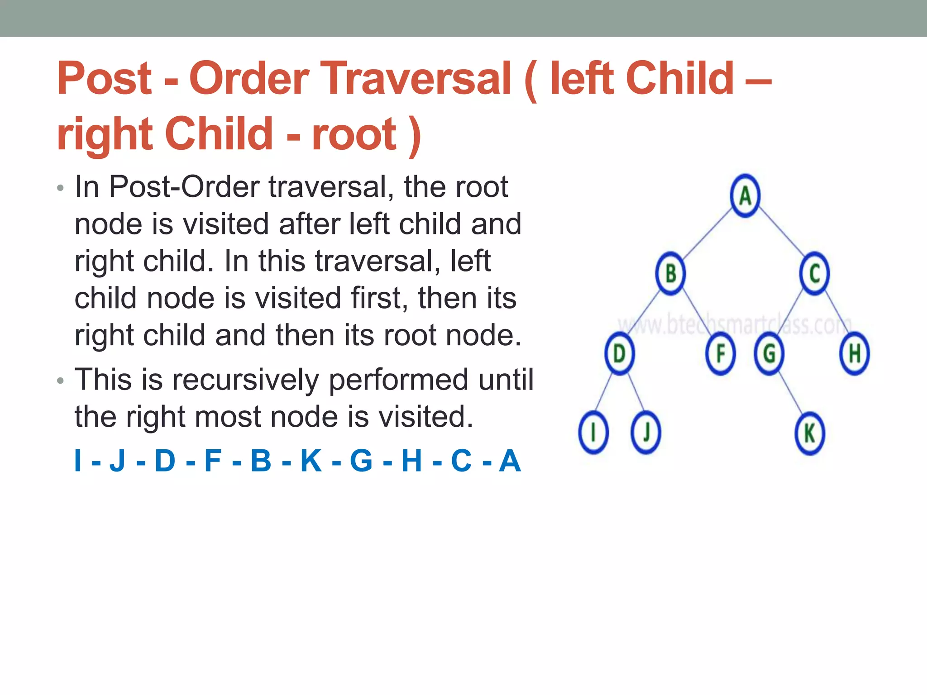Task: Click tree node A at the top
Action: pos(745,195)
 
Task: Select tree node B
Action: pos(670,273)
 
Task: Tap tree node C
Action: pos(814,273)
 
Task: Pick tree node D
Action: pos(619,353)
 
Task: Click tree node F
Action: pos(720,353)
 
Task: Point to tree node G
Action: pos(769,353)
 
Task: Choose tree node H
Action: pos(854,353)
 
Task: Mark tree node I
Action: pos(593,433)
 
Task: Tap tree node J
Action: pos(646,433)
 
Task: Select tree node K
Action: pos(810,433)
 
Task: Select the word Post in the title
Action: pos(105,79)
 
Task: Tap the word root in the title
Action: pos(354,134)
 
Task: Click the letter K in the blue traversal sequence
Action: pos(311,461)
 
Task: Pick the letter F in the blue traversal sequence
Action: pos(213,461)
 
